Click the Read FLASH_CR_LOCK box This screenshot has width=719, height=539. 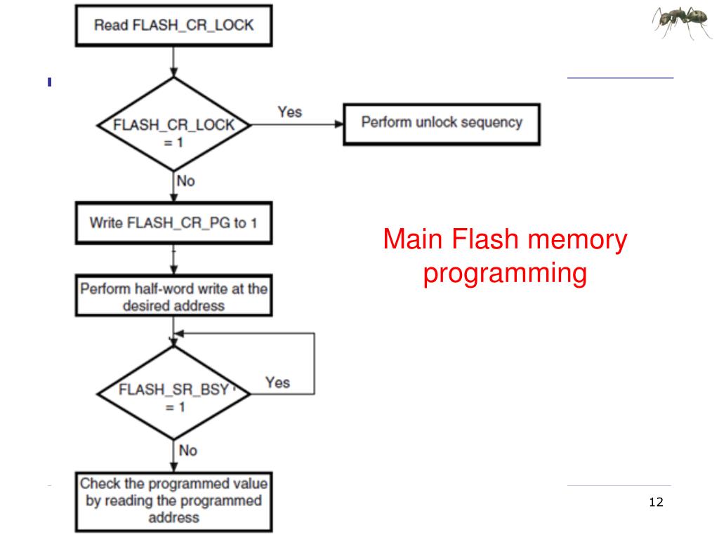[x=174, y=26]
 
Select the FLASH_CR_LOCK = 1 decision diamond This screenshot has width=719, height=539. [x=174, y=125]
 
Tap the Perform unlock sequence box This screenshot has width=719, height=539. [x=442, y=124]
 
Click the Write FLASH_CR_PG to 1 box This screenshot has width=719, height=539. [x=174, y=222]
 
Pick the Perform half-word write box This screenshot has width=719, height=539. [x=174, y=295]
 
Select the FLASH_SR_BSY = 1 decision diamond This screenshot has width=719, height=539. [x=174, y=393]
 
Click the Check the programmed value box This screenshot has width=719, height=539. [x=174, y=502]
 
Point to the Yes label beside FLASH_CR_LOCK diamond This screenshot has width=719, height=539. [x=290, y=112]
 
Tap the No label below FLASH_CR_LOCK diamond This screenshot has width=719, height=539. [x=185, y=181]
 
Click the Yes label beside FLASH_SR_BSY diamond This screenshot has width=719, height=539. [x=277, y=382]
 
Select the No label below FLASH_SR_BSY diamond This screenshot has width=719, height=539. [x=188, y=451]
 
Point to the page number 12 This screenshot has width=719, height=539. [x=657, y=503]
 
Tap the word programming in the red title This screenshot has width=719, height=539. [x=505, y=274]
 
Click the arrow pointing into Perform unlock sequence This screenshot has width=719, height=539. [x=298, y=124]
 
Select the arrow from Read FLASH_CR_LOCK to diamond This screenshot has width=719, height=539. [x=173, y=62]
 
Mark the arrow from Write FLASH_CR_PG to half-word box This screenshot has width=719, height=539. [x=173, y=260]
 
